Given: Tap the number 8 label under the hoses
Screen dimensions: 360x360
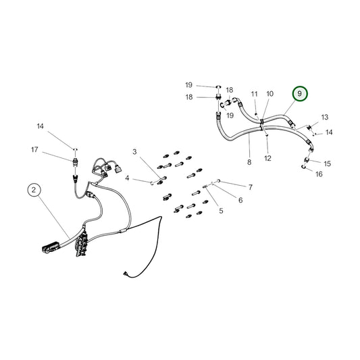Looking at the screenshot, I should click(x=249, y=162).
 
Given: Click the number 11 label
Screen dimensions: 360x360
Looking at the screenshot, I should click(x=255, y=94).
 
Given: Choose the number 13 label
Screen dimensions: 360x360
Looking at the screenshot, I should click(x=324, y=117).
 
